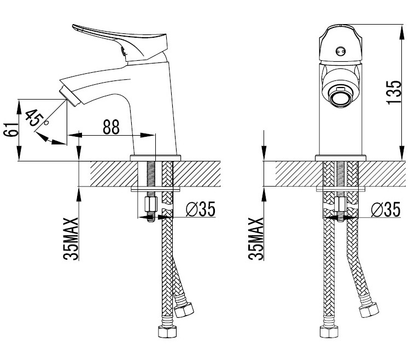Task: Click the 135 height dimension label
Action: coord(394,92)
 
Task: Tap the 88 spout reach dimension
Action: coord(111,127)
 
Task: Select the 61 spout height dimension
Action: coord(11,129)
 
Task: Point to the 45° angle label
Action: coord(36,118)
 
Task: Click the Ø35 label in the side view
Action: coord(201,209)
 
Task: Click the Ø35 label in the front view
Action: coord(385,209)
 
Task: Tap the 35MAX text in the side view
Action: coord(71,239)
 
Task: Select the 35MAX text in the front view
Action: coord(256,239)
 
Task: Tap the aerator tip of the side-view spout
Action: coord(69,97)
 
